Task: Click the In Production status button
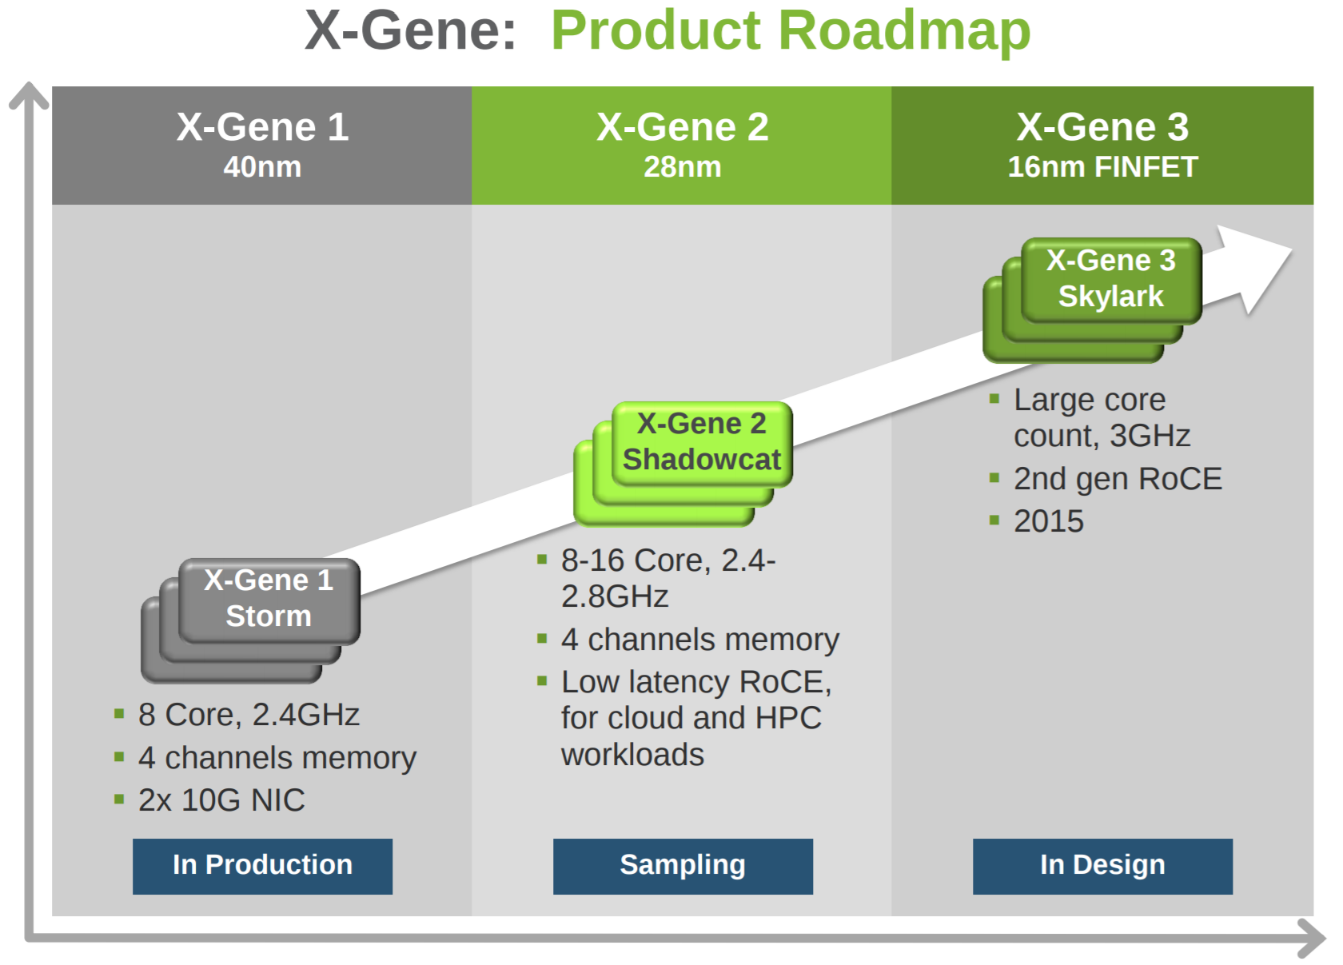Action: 262,867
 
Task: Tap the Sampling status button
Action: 683,867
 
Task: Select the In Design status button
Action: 1102,867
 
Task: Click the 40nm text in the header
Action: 262,167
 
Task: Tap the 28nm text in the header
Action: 683,167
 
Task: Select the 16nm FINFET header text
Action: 1102,167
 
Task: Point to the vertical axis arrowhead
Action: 29,95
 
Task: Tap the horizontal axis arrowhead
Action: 1312,938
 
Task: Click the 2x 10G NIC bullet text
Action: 221,800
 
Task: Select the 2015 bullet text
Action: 1049,520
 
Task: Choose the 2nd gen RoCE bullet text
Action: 1118,479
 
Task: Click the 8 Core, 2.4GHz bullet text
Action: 249,715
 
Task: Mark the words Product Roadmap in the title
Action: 791,31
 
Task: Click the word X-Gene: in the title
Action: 411,30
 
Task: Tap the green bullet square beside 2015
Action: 994,520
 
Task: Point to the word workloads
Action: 632,755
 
